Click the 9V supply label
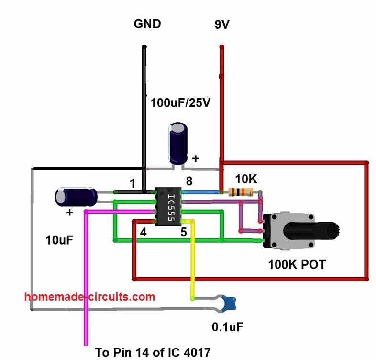[221, 24]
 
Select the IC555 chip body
[168, 207]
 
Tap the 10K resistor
[241, 192]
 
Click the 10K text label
[247, 179]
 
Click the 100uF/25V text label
[180, 102]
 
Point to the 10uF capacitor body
[76, 197]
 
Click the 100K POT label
[297, 264]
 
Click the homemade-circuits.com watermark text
[89, 297]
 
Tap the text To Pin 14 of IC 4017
[153, 353]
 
